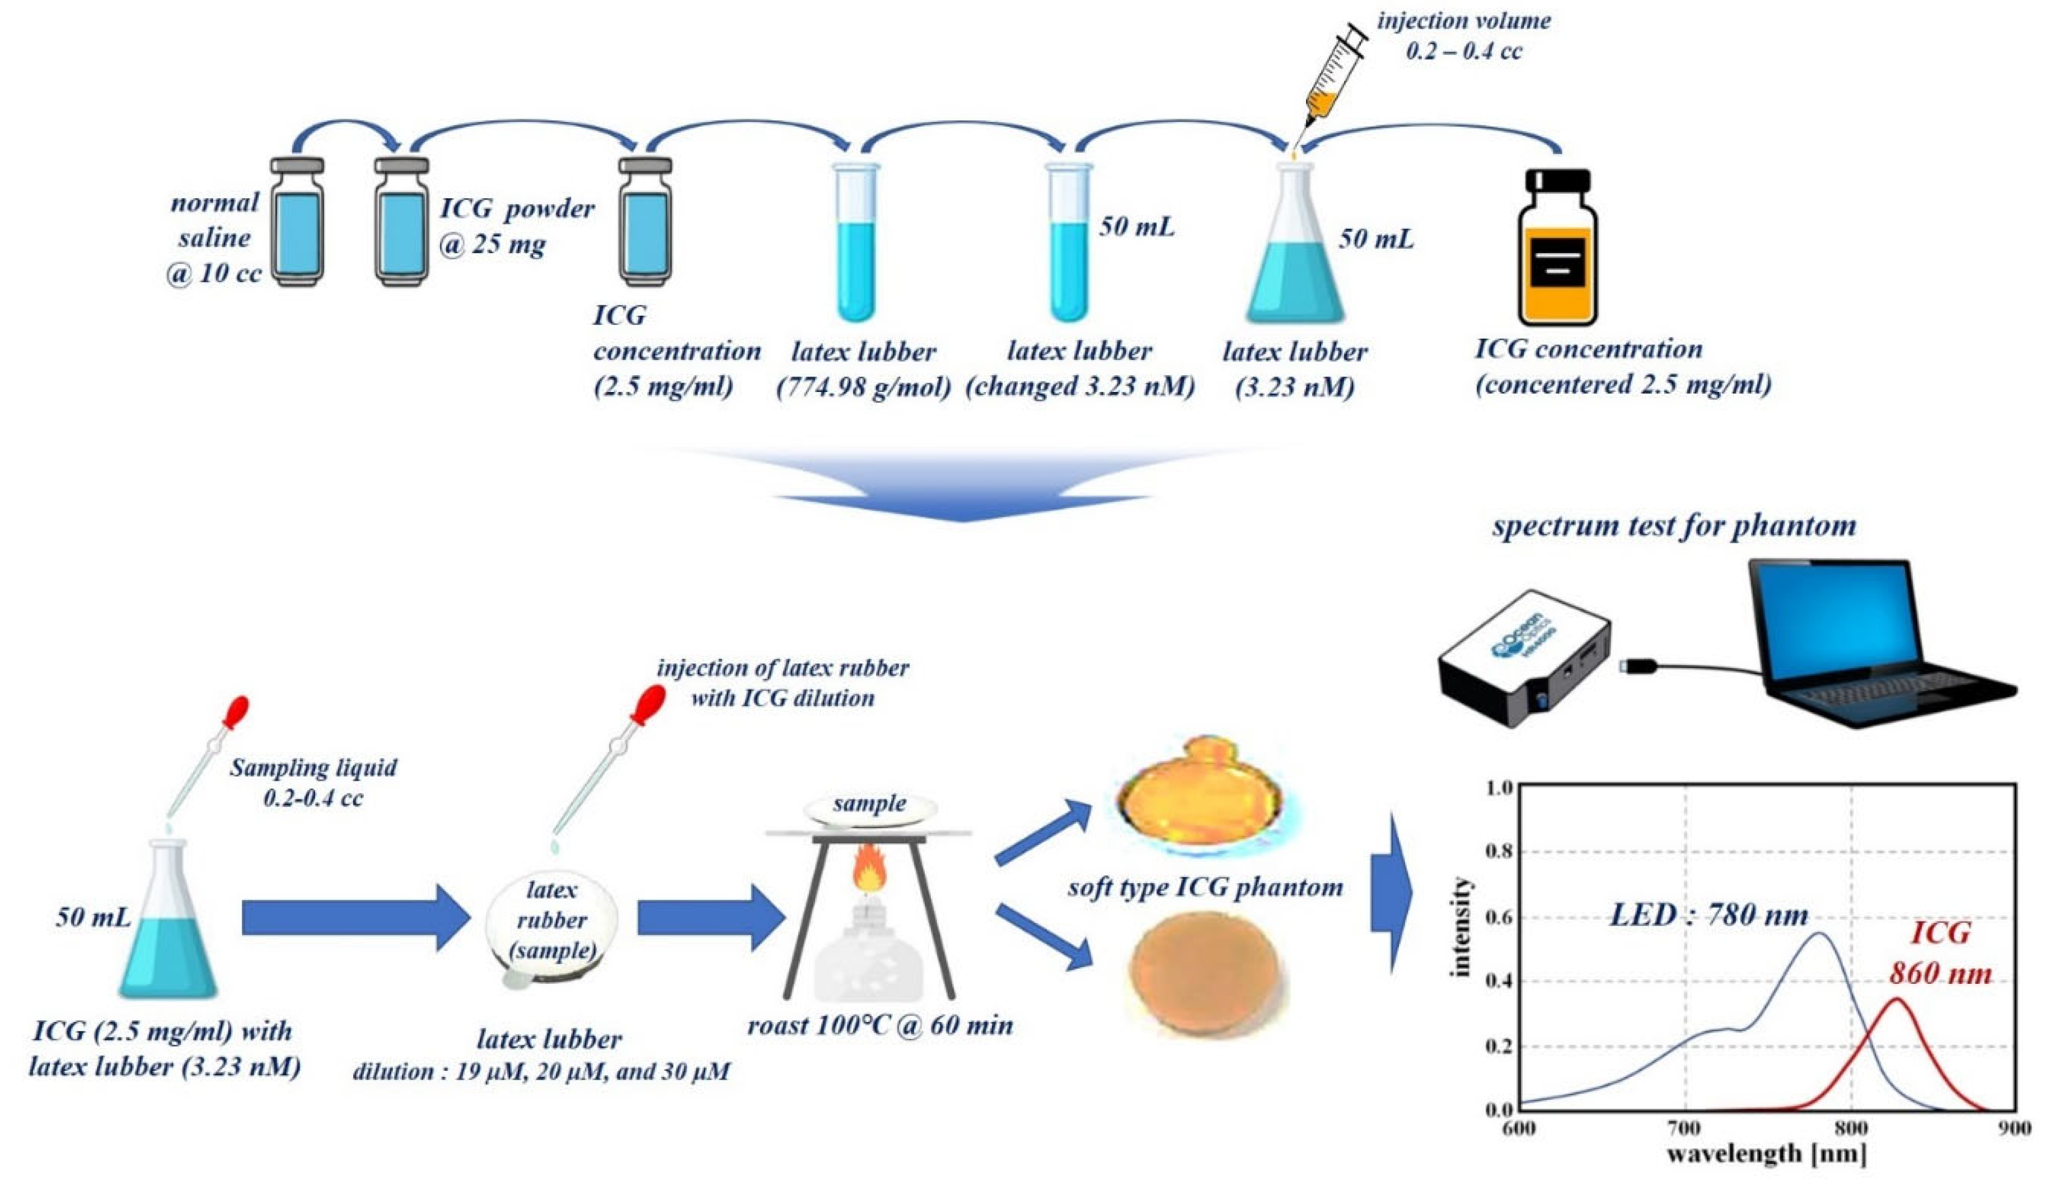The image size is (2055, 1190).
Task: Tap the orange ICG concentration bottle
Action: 1557,249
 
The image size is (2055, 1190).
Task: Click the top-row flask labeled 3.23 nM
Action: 1295,249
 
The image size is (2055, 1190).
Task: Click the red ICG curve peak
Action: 1898,1000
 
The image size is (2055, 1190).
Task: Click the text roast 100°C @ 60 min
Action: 880,1025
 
